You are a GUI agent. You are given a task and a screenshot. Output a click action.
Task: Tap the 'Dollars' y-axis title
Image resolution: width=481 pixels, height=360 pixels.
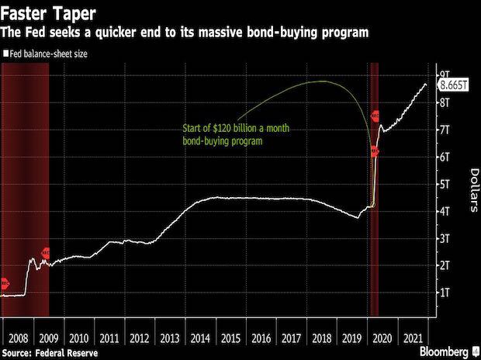[x=472, y=189]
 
